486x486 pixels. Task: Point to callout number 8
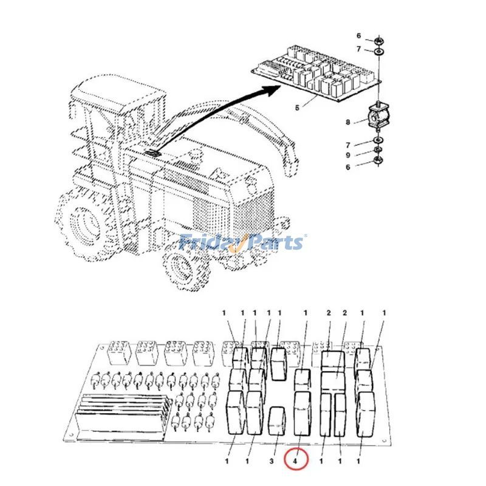pyautogui.click(x=348, y=122)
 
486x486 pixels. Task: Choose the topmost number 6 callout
pyautogui.click(x=358, y=36)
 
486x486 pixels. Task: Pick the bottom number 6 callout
pyautogui.click(x=348, y=166)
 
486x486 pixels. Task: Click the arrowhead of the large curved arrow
pyautogui.click(x=268, y=91)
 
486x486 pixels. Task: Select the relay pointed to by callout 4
pyautogui.click(x=302, y=412)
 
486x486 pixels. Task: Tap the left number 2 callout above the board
pyautogui.click(x=329, y=313)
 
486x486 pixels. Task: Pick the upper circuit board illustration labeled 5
pyautogui.click(x=316, y=76)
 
